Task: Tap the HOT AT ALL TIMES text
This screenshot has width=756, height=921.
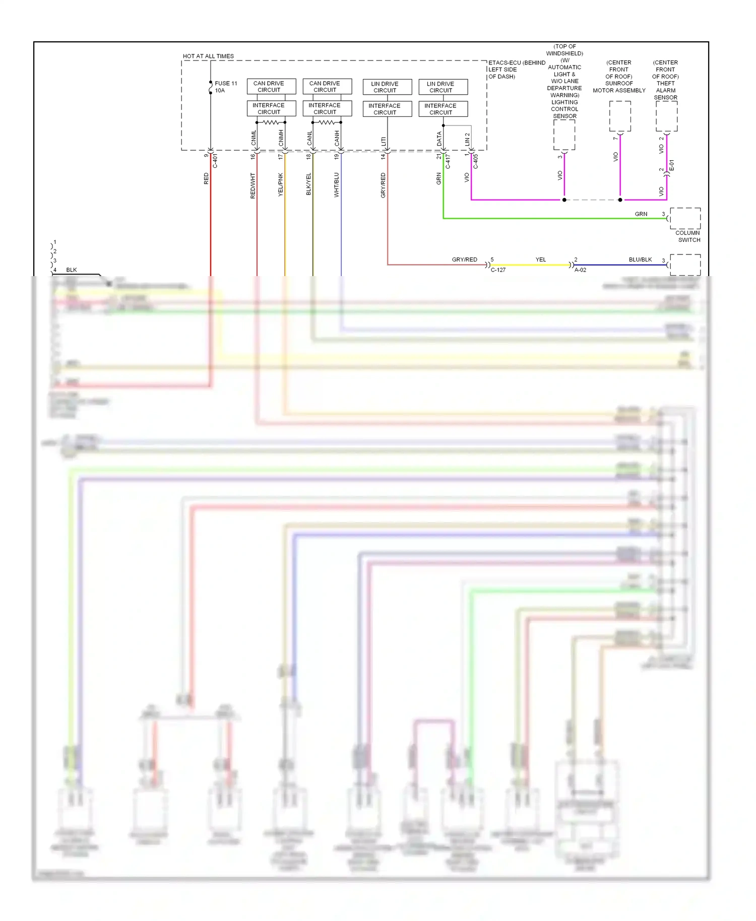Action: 208,56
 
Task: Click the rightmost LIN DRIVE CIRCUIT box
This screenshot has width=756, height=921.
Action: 443,87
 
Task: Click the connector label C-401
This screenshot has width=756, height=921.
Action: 216,161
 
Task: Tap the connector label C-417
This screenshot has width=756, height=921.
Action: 448,161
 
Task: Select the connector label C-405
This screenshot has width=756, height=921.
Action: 476,161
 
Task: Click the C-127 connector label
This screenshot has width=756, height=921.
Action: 498,270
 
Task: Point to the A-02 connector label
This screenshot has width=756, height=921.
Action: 580,270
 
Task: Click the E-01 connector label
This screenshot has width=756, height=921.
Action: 672,166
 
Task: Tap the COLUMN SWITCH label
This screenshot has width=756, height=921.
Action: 688,236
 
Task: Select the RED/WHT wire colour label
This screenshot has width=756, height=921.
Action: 253,185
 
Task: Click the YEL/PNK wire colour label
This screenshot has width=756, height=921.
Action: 281,184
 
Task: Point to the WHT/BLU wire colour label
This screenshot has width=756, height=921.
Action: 337,185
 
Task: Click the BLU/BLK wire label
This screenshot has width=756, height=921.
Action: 640,259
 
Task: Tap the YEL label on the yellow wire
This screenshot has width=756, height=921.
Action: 540,259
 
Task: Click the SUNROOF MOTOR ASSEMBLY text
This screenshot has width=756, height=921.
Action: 619,87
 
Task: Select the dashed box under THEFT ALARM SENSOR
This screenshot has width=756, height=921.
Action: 666,116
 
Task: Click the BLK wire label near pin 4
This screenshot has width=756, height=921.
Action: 72,270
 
